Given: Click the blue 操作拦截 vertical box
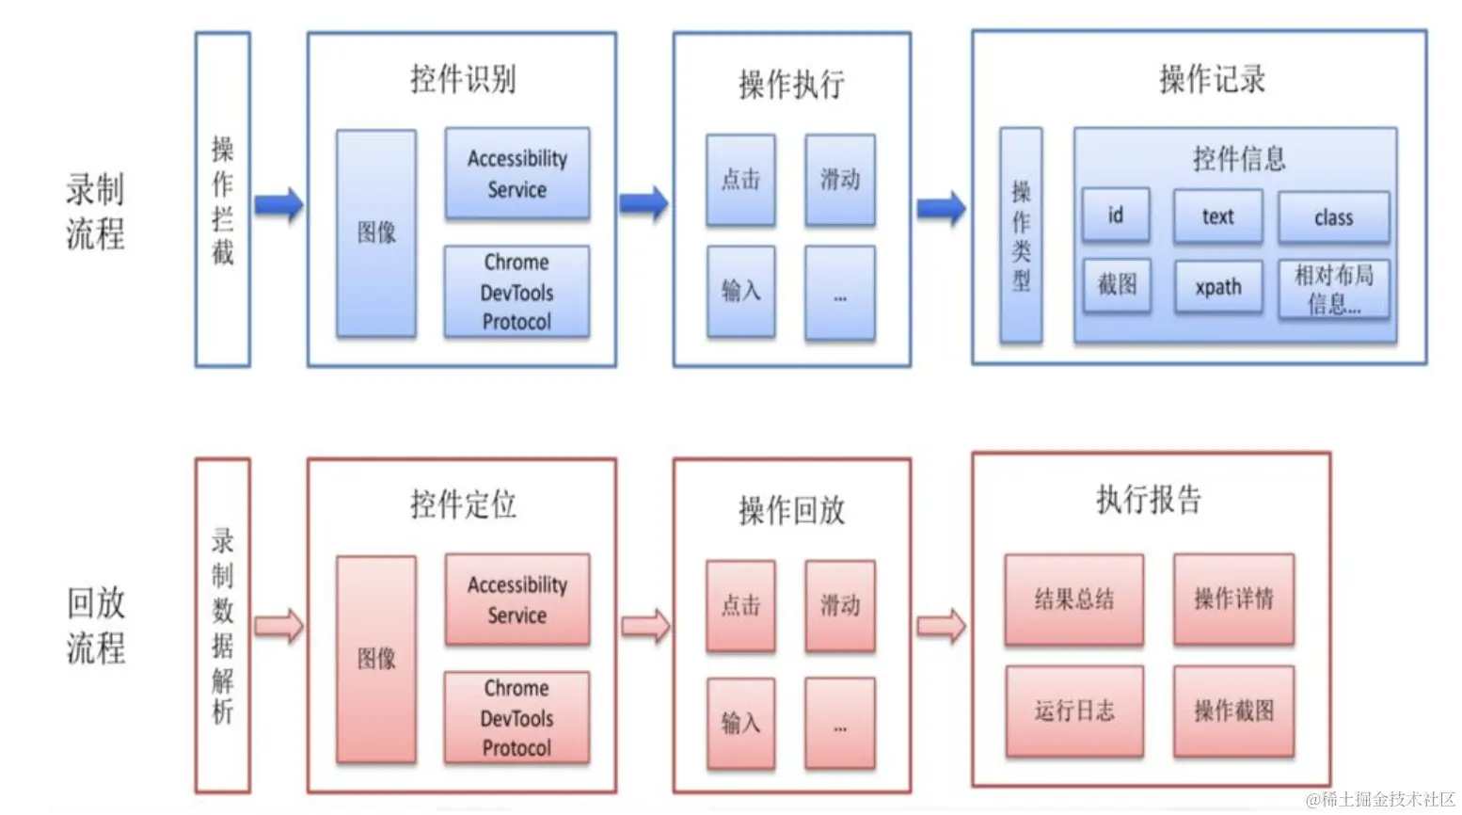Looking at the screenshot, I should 222,200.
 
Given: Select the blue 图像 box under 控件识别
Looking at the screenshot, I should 376,233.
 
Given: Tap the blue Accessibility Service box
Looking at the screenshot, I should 517,174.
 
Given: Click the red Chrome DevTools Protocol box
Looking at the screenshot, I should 516,717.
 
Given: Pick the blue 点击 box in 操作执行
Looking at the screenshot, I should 740,180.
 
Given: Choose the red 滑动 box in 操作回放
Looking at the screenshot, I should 840,605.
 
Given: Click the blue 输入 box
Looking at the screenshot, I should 740,291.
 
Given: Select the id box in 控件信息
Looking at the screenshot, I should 1115,216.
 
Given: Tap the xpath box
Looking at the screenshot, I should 1218,287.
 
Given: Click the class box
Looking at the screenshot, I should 1333,217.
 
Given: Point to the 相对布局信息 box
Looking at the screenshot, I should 1333,289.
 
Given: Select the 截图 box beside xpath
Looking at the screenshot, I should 1117,285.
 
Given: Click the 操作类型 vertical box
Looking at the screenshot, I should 1021,235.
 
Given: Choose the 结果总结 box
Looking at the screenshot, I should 1074,599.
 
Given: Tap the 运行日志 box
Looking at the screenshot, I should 1074,711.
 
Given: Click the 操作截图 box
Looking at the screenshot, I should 1233,711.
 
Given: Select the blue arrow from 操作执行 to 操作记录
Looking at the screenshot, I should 941,208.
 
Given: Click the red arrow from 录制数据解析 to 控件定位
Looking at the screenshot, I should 279,626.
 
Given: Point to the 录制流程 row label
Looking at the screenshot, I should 95,211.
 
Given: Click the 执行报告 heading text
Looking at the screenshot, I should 1149,499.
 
